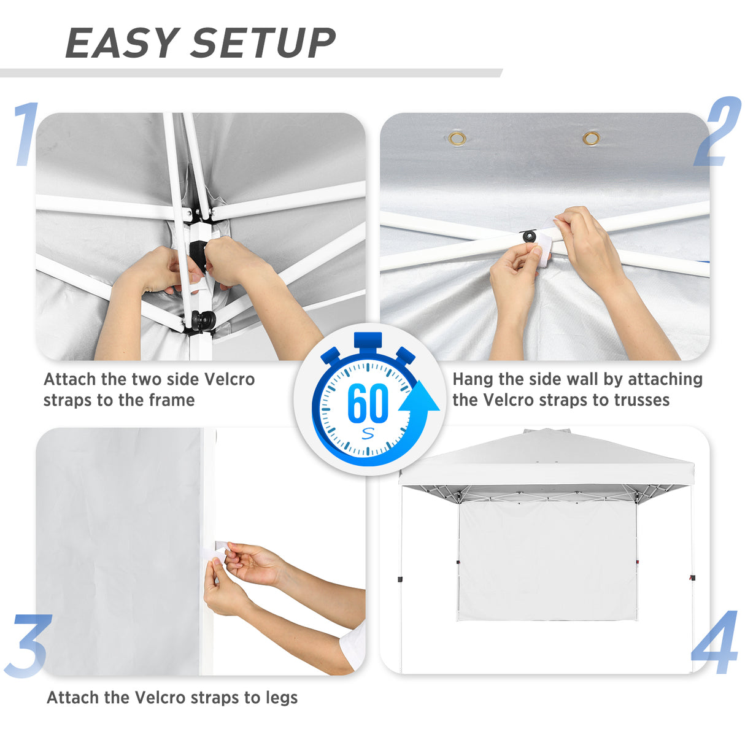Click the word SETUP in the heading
(264, 43)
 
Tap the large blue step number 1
(26, 134)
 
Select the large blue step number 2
(717, 132)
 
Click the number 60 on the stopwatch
(368, 403)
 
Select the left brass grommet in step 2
(457, 138)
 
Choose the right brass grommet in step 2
(591, 138)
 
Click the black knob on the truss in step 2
(528, 237)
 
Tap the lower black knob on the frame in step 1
(203, 320)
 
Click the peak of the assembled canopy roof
(546, 432)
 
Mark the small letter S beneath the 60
(368, 433)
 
